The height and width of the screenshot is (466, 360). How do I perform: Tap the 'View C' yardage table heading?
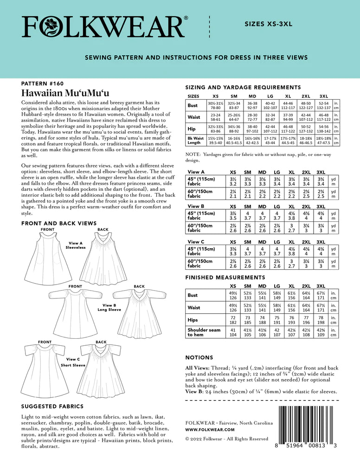[196, 241]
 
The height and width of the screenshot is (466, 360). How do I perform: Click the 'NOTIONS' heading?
[199, 358]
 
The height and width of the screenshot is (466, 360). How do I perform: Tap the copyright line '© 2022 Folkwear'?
[227, 439]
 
